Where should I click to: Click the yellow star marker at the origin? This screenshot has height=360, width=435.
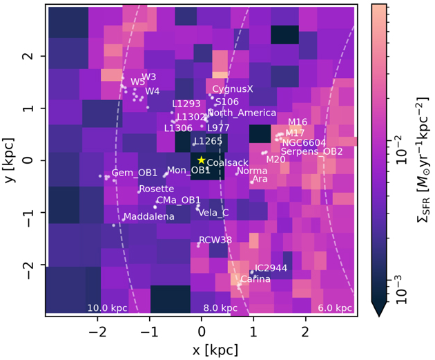pos(202,160)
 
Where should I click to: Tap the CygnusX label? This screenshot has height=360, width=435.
pos(233,89)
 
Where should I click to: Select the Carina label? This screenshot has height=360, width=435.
pos(255,280)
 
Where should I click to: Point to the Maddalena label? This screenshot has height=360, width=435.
pos(148,217)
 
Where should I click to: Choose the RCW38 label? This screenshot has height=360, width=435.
pos(215,240)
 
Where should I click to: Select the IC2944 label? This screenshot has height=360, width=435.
pos(271,267)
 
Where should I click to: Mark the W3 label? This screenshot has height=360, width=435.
pos(149,76)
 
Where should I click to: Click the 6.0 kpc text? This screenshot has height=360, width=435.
pos(335,307)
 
